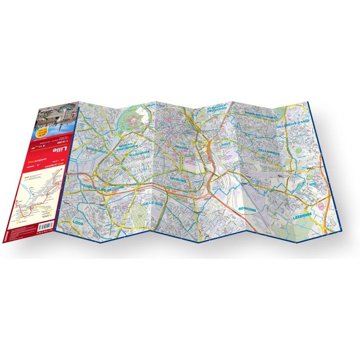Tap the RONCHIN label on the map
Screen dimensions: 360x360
(247, 208)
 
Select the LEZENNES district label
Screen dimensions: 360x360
(302, 216)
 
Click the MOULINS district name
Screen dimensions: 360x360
(178, 179)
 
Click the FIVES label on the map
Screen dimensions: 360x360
(225, 144)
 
